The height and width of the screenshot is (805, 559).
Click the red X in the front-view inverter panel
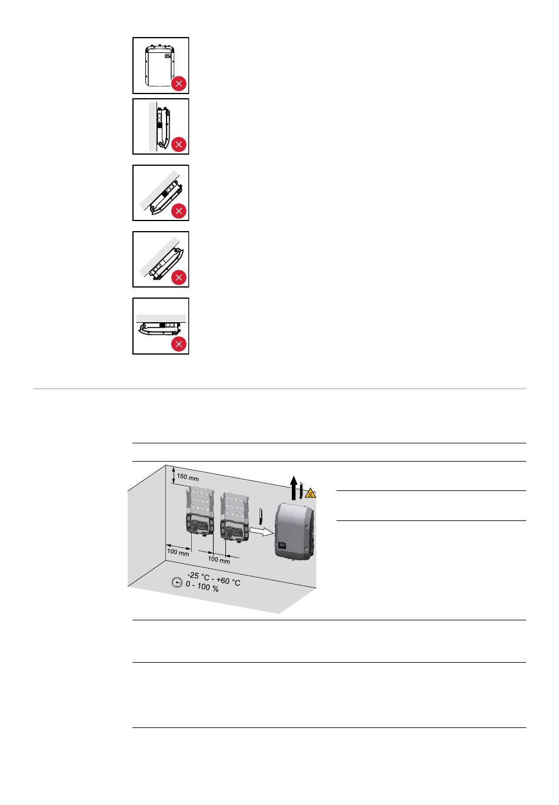pyautogui.click(x=179, y=83)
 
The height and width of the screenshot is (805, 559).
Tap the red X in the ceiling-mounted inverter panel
pyautogui.click(x=179, y=344)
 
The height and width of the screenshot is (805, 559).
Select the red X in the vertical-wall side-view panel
pyautogui.click(x=179, y=145)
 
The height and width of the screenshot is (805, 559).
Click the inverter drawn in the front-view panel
pyautogui.click(x=160, y=66)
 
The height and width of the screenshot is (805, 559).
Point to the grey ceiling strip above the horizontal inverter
pyautogui.click(x=161, y=318)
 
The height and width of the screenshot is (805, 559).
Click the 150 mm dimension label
pyautogui.click(x=188, y=477)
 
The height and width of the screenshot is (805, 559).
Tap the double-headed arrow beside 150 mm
pyautogui.click(x=174, y=475)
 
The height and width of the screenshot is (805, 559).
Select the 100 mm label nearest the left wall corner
pyautogui.click(x=178, y=552)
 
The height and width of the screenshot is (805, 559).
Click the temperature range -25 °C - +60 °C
pyautogui.click(x=214, y=579)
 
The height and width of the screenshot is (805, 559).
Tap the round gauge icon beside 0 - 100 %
pyautogui.click(x=177, y=582)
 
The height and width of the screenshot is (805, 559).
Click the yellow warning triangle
pyautogui.click(x=311, y=493)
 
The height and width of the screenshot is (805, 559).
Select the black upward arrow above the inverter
pyautogui.click(x=294, y=487)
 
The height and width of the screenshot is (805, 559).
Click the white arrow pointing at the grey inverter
pyautogui.click(x=261, y=531)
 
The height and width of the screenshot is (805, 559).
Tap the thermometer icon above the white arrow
pyautogui.click(x=261, y=516)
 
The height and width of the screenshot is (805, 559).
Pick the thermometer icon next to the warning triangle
pyautogui.click(x=301, y=490)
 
